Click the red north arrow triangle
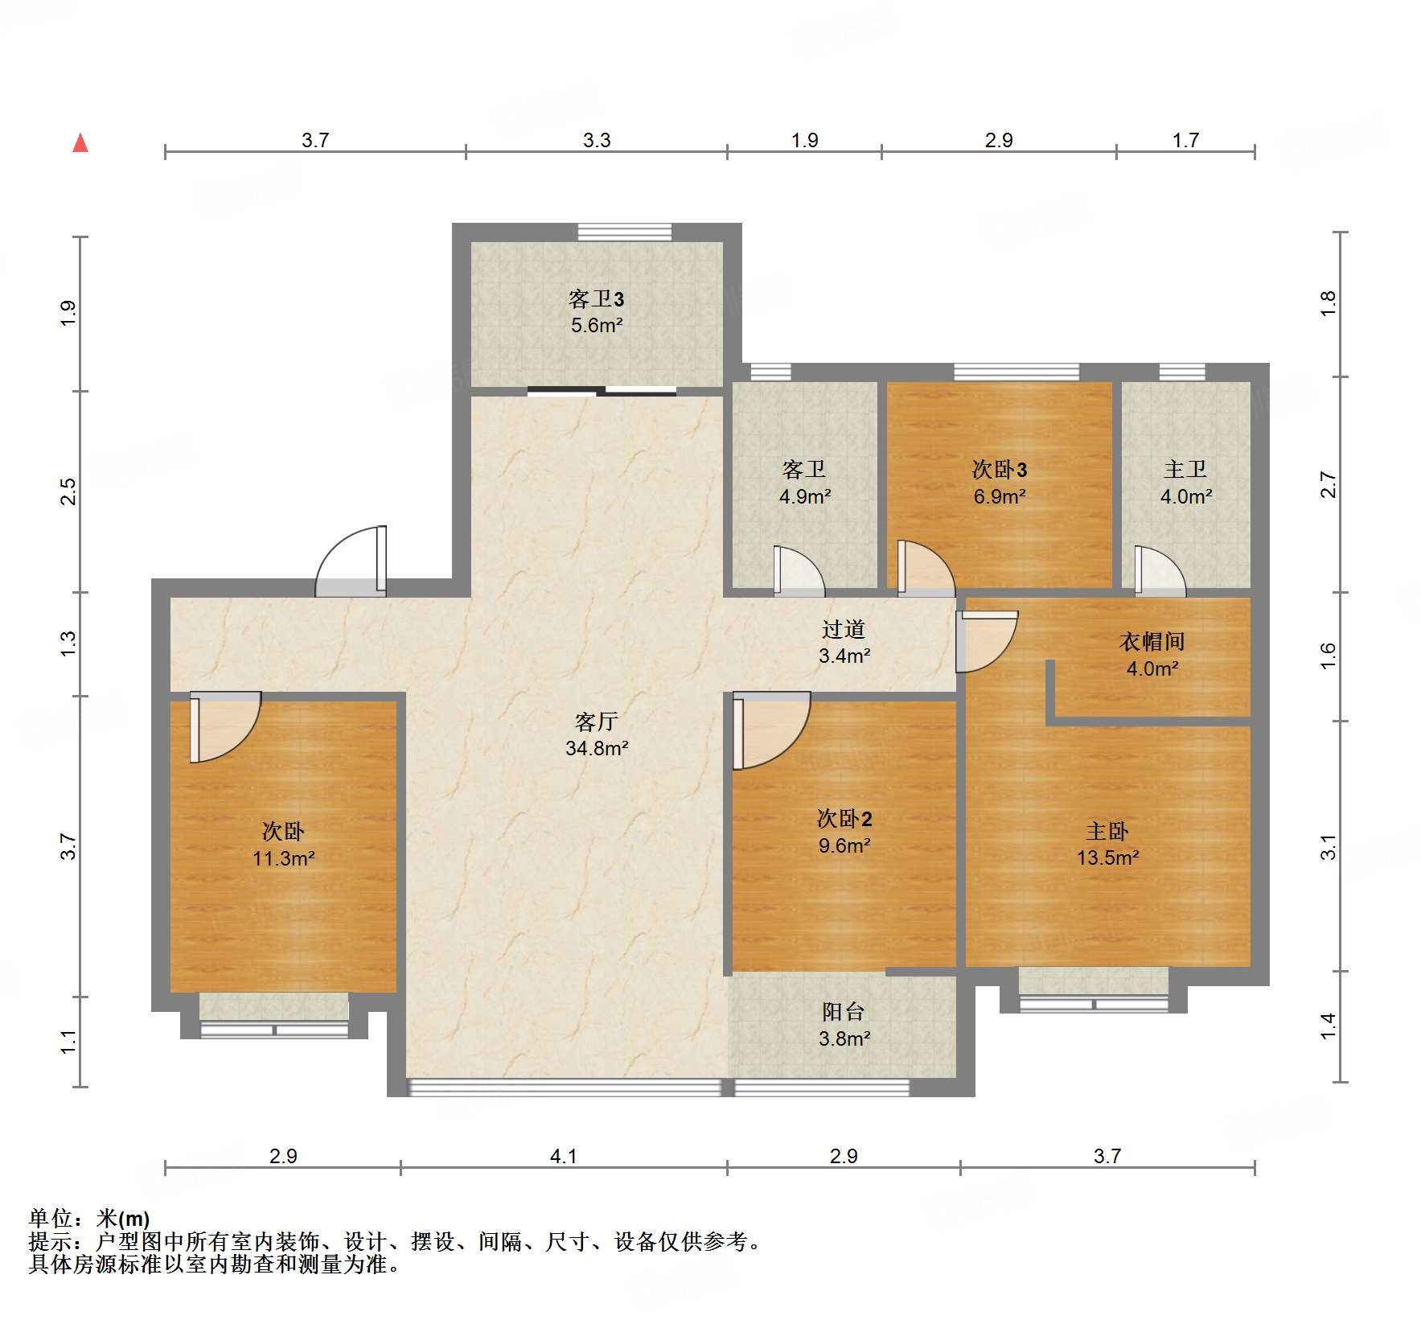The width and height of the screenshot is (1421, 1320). tap(80, 142)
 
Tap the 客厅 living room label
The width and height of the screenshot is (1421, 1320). tap(596, 722)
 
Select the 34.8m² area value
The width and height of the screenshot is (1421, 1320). tap(597, 748)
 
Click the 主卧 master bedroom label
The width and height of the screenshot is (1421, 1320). tap(1107, 831)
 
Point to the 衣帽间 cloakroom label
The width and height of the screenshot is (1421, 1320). tap(1152, 641)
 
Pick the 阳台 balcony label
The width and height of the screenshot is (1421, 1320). tap(844, 1012)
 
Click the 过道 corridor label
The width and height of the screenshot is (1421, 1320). tap(844, 629)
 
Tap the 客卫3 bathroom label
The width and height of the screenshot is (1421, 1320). tap(596, 299)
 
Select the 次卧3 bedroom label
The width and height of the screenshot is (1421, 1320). tap(1000, 469)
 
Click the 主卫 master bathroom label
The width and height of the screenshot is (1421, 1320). tap(1185, 469)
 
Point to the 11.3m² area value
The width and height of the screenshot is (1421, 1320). tap(284, 858)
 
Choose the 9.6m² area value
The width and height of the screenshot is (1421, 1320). tap(844, 845)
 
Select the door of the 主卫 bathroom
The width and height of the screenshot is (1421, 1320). tap(1160, 571)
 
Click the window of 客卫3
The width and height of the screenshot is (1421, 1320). tap(625, 232)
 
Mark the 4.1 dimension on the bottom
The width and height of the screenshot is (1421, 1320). tap(564, 1156)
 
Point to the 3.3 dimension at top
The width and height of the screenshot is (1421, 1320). tap(597, 140)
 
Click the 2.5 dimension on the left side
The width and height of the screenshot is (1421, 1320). tap(69, 491)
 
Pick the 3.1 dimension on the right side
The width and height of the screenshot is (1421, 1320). tap(1328, 847)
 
